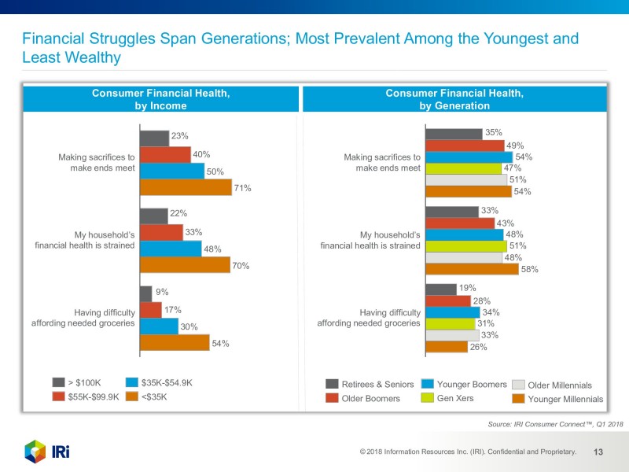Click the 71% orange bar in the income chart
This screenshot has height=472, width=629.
(186, 187)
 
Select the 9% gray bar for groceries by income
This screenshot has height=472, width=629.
(145, 293)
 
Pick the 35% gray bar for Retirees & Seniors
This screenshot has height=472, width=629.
(454, 134)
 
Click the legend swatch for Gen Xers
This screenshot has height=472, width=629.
(428, 398)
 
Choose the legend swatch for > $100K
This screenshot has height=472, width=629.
(58, 383)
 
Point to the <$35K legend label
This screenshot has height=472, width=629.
(154, 397)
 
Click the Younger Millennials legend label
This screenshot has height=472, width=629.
(565, 400)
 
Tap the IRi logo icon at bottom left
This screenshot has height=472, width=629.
(35, 452)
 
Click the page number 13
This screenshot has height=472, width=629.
(598, 452)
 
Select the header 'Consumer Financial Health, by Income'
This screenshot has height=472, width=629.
(160, 99)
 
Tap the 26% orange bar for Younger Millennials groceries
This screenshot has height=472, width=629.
(446, 347)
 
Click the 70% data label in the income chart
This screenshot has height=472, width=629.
(241, 266)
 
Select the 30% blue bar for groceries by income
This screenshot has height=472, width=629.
(159, 326)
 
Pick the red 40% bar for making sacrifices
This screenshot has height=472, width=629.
(165, 154)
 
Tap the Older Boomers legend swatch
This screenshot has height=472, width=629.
(332, 398)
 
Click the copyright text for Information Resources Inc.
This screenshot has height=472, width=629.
(468, 452)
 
